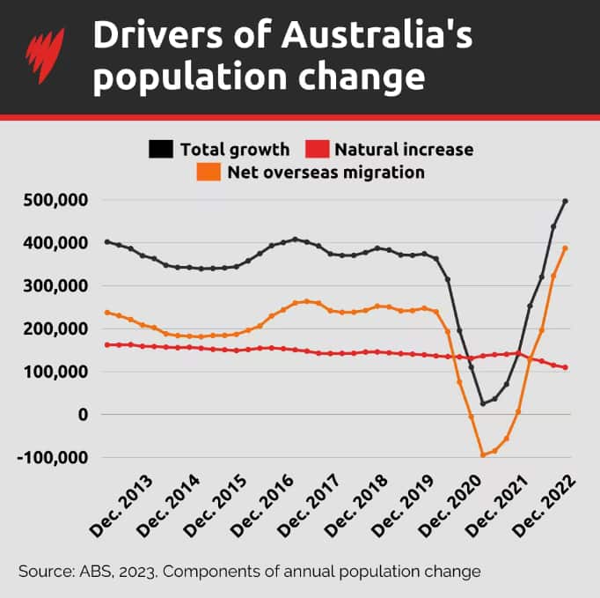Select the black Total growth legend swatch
point(161,149)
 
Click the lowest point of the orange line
point(483,454)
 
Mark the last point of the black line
point(565,201)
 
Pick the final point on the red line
point(565,367)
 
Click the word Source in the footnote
point(43,572)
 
